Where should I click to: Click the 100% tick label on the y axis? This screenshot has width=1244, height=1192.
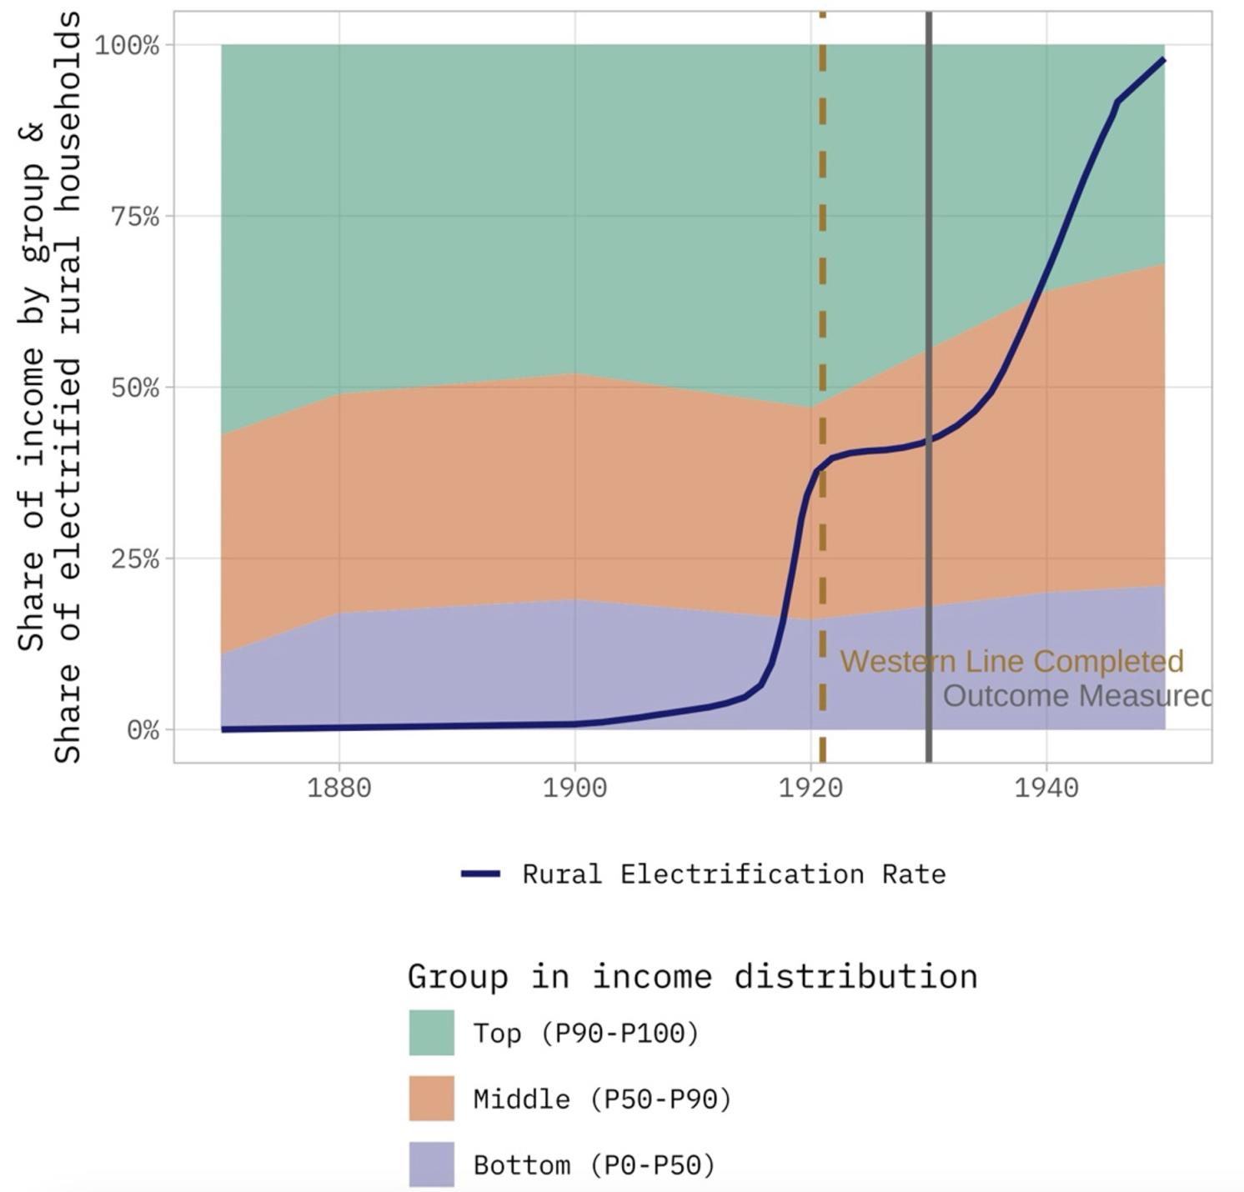pyautogui.click(x=126, y=45)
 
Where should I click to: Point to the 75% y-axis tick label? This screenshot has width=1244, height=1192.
pyautogui.click(x=134, y=217)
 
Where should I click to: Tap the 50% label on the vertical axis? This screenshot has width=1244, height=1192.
pyautogui.click(x=134, y=388)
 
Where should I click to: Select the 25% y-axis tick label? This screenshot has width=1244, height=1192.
pyautogui.click(x=134, y=558)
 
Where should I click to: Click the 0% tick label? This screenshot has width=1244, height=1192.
pyautogui.click(x=143, y=730)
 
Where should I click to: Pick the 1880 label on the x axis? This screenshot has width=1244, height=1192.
pyautogui.click(x=339, y=788)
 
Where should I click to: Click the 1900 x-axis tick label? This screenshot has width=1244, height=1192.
pyautogui.click(x=574, y=788)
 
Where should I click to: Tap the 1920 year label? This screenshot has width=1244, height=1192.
pyautogui.click(x=810, y=788)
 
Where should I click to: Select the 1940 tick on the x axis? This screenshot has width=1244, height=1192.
pyautogui.click(x=1046, y=788)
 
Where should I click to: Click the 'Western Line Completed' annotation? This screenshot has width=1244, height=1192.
pyautogui.click(x=1011, y=661)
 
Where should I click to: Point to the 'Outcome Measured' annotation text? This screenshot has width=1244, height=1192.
pyautogui.click(x=1076, y=696)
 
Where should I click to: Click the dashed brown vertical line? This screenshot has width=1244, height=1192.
pyautogui.click(x=822, y=250)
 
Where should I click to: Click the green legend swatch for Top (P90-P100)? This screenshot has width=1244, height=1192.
pyautogui.click(x=431, y=1033)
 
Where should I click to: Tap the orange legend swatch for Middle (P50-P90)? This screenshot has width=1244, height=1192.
pyautogui.click(x=431, y=1099)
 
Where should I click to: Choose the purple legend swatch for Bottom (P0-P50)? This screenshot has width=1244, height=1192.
pyautogui.click(x=431, y=1164)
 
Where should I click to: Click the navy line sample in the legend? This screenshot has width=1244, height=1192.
pyautogui.click(x=480, y=874)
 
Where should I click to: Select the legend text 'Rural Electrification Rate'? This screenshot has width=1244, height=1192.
pyautogui.click(x=734, y=874)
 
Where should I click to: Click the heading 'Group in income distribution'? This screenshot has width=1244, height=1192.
pyautogui.click(x=692, y=976)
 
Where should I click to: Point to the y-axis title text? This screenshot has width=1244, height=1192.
pyautogui.click(x=50, y=388)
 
